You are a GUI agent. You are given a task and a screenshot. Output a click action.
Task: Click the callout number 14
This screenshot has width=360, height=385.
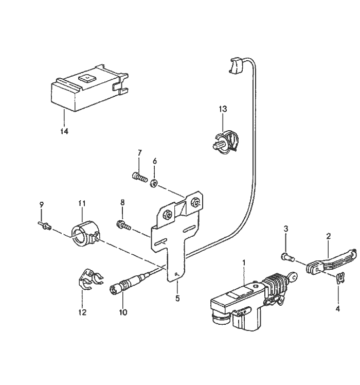[64, 131]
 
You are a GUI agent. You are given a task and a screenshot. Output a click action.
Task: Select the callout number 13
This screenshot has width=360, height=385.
[222, 109]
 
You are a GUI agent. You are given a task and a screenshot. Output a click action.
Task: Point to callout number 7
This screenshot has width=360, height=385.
[139, 153]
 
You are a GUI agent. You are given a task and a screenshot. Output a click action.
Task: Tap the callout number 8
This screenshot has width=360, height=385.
[122, 203]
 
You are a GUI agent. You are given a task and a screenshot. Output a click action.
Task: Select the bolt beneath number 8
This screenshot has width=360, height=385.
[124, 224]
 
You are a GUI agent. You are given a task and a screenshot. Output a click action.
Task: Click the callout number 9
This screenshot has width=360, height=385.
[42, 204]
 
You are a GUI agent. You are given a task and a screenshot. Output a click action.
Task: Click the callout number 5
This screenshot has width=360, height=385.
[176, 296]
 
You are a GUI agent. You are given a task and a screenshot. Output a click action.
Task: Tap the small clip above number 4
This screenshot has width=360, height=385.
[338, 278]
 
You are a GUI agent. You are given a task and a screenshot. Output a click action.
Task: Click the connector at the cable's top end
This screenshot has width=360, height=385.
[234, 66]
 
